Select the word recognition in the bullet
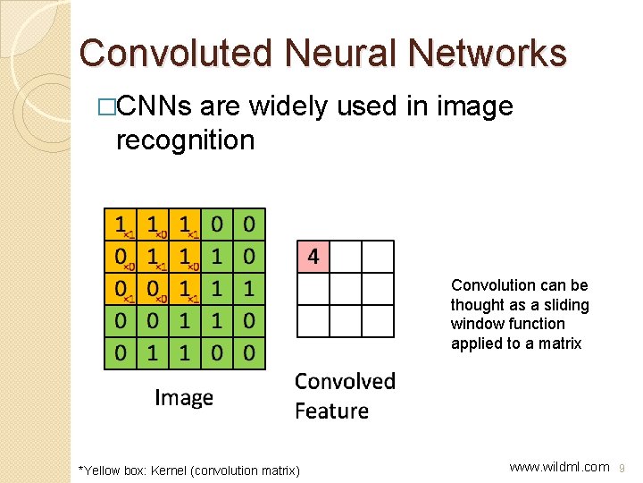pyautogui.click(x=185, y=140)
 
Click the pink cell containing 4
pyautogui.click(x=313, y=257)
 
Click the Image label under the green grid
pyautogui.click(x=184, y=397)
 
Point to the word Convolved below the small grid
pyautogui.click(x=345, y=382)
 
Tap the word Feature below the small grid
pyautogui.click(x=331, y=411)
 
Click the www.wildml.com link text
pyautogui.click(x=559, y=466)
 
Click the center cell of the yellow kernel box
pyautogui.click(x=152, y=256)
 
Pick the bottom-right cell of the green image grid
pyautogui.click(x=249, y=353)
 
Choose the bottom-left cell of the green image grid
pyautogui.click(x=119, y=353)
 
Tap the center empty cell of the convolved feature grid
pyautogui.click(x=345, y=289)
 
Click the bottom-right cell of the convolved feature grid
pyautogui.click(x=377, y=321)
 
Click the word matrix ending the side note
pyautogui.click(x=561, y=343)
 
